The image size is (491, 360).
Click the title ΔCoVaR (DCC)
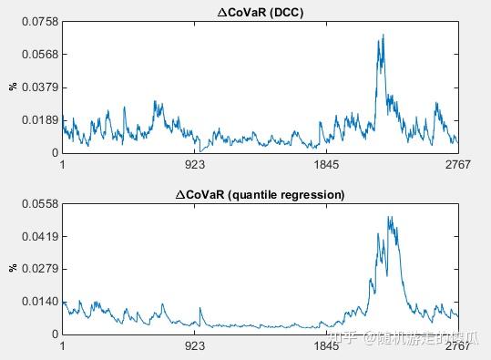260,10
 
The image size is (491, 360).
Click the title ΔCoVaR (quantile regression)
260,194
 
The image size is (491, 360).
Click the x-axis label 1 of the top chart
62,165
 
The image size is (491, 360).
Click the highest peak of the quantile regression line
389,217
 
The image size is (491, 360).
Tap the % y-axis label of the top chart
13,87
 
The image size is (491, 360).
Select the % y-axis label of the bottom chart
13,268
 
